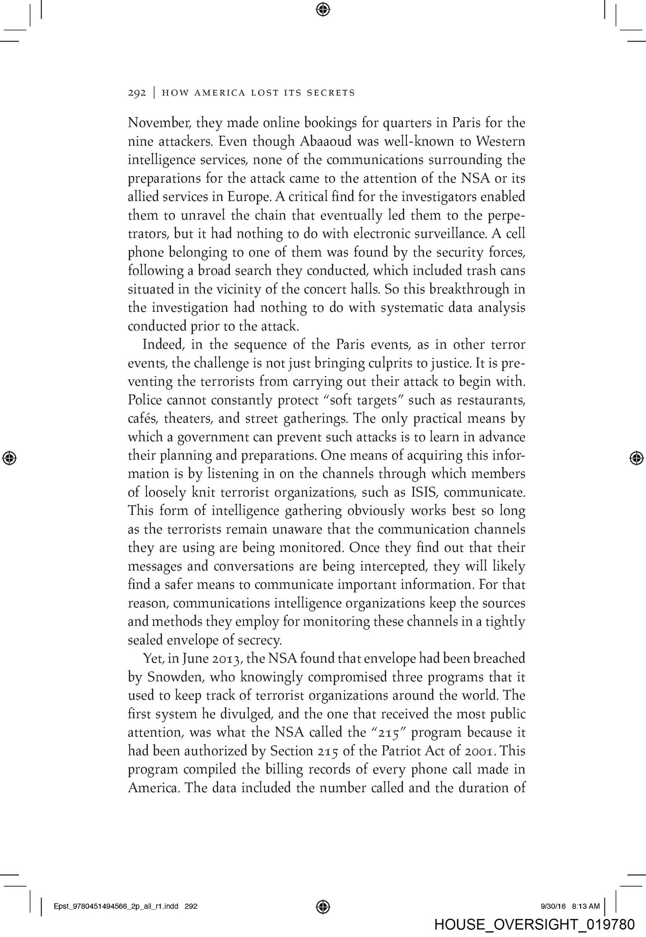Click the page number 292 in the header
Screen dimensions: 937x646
[137, 93]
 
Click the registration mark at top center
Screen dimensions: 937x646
[323, 9]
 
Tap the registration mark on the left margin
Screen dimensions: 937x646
[9, 458]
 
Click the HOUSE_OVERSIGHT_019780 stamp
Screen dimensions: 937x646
[534, 924]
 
